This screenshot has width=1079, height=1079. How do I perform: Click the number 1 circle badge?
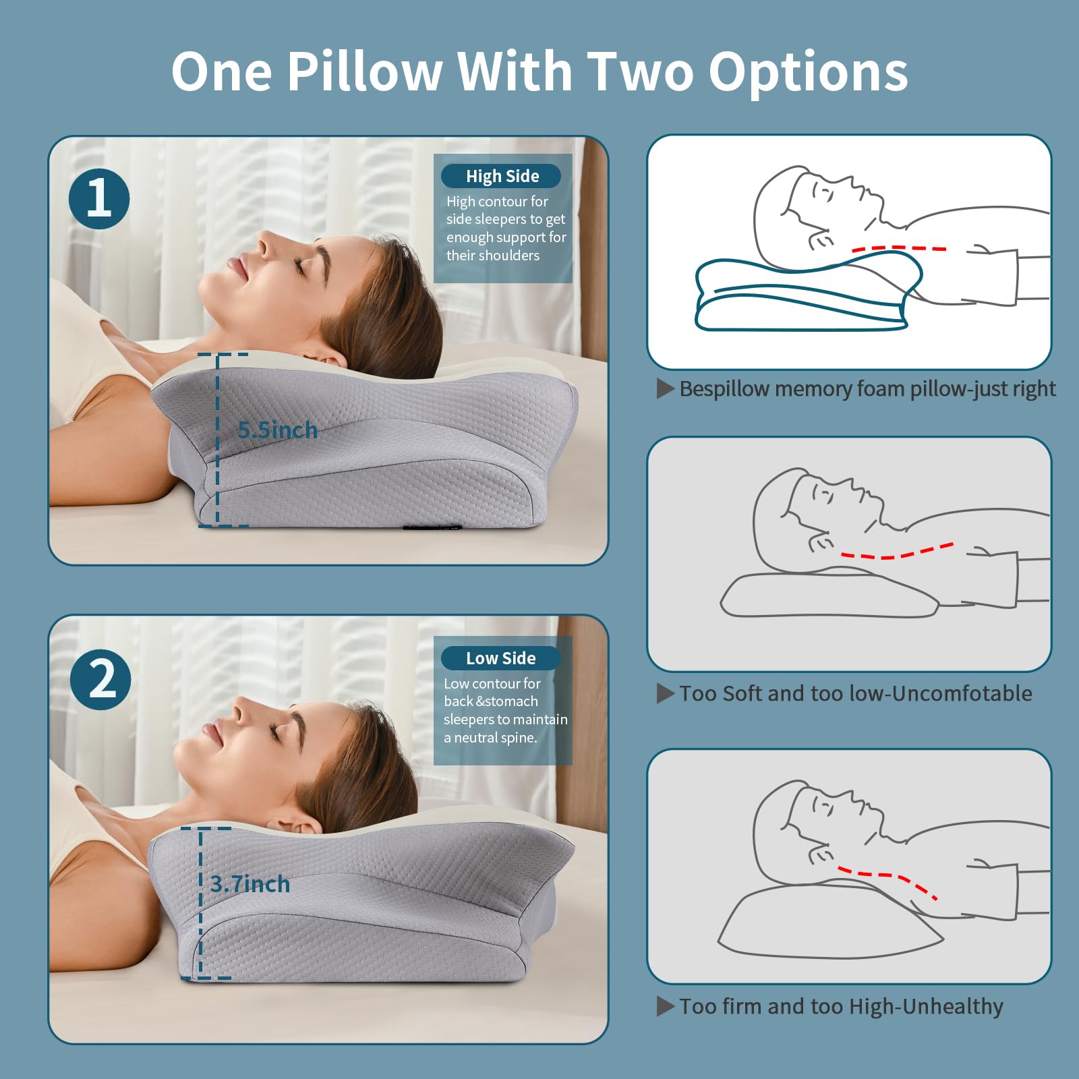click(99, 199)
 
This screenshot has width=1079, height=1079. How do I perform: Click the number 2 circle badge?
click(100, 679)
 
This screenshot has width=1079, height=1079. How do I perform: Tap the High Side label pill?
click(501, 177)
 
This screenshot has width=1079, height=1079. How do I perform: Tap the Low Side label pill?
click(500, 658)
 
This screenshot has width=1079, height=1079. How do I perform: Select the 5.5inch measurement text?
click(277, 430)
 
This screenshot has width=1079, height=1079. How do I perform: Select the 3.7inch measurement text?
click(250, 884)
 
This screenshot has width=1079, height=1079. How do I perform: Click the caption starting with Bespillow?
click(867, 389)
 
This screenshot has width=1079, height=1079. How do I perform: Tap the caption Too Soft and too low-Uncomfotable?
click(855, 694)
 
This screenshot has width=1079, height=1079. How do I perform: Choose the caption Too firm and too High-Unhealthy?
click(841, 1007)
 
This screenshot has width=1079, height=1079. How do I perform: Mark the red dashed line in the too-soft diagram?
click(897, 553)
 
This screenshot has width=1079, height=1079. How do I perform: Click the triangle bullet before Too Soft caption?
click(665, 693)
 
